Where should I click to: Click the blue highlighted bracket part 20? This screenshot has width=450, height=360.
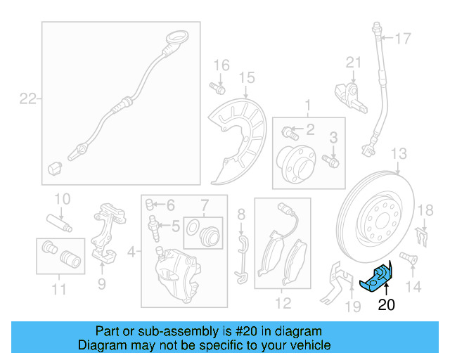coord(378,278)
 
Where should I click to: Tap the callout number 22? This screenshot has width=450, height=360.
coord(27,99)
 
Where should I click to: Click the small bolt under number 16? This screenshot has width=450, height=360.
coord(217,89)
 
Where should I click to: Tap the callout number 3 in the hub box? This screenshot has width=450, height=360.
coord(334,136)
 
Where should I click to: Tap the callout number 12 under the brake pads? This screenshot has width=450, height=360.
coord(282,304)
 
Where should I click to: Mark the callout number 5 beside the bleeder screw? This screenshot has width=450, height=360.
coord(176,226)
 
